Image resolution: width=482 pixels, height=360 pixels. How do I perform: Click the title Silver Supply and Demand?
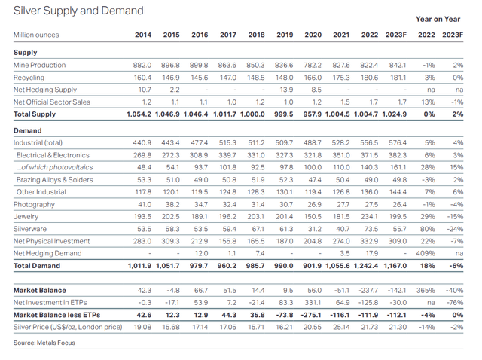[78, 11]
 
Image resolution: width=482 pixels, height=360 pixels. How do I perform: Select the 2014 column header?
[142, 35]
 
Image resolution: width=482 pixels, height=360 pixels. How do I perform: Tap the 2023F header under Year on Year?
[453, 35]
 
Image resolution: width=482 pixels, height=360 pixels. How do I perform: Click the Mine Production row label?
[40, 66]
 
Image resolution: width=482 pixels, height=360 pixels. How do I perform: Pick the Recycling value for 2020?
[312, 78]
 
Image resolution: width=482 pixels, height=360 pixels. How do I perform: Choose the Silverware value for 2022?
[369, 229]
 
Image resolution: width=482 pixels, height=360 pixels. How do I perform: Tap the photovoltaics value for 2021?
[341, 166]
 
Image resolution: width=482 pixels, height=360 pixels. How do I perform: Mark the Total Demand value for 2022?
[367, 267]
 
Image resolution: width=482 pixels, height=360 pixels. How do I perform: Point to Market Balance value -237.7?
[368, 290]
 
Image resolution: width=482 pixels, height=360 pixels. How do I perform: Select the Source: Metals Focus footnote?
[45, 343]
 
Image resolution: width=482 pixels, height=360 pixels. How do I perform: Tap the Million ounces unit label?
[36, 35]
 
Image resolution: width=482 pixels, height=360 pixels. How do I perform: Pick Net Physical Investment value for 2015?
[171, 241]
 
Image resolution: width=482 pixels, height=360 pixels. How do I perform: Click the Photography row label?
[35, 205]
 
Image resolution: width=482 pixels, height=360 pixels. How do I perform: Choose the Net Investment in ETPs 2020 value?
[312, 302]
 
